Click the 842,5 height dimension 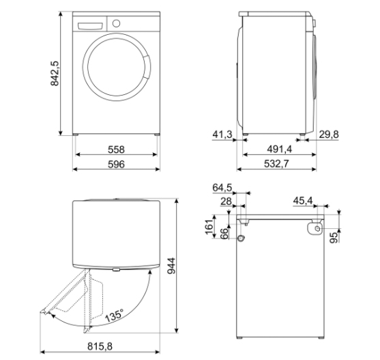pyautogui.click(x=55, y=73)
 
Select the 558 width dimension pyautogui.click(x=116, y=150)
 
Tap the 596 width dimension pyautogui.click(x=116, y=164)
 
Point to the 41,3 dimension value pyautogui.click(x=222, y=134)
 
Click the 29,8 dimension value pyautogui.click(x=329, y=134)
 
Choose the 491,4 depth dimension pyautogui.click(x=280, y=149)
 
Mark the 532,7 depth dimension pyautogui.click(x=276, y=164)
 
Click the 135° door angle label pyautogui.click(x=114, y=315)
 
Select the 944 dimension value pyautogui.click(x=171, y=266)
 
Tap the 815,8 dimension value pyautogui.click(x=100, y=346)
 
